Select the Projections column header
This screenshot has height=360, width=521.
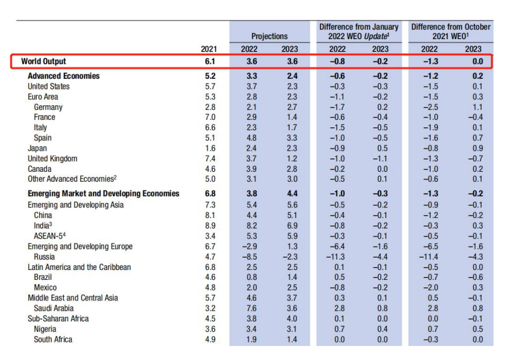pos(270,36)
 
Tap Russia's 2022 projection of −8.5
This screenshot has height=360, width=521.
pos(249,257)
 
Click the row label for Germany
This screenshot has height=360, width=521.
pos(48,107)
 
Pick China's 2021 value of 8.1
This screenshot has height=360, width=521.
pos(210,215)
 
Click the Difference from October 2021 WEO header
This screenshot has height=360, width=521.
pos(451,32)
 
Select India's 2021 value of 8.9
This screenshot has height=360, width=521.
pos(210,226)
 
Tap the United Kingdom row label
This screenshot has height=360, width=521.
pos(53,158)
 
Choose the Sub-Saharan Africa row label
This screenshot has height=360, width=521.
pos(56,319)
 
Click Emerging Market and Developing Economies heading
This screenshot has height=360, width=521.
pos(103,193)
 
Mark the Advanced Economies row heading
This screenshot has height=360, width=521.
pos(64,76)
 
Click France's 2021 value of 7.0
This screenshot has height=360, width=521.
pos(210,117)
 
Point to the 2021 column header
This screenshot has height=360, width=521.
pos(209,49)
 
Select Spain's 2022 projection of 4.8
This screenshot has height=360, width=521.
pos(250,138)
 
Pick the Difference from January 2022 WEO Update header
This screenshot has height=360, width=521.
pos(359,32)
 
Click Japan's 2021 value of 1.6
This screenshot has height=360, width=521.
pos(210,148)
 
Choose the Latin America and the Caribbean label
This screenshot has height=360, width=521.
pos(80,267)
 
